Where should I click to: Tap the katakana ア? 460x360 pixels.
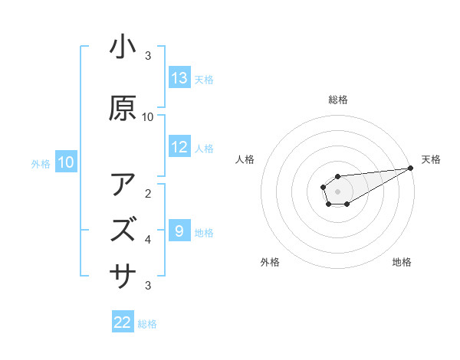point(123,185)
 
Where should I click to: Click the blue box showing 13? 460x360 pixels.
point(179,78)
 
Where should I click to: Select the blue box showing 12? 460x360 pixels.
point(179,147)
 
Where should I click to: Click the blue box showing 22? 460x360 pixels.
point(123,322)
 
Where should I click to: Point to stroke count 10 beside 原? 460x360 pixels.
point(148,116)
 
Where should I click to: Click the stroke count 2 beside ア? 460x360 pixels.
point(148,193)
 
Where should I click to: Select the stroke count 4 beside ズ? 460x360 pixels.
point(148,239)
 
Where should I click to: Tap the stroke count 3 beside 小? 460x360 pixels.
point(148,55)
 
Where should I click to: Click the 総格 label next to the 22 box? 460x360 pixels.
point(147,323)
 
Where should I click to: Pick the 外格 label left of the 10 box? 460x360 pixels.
point(41,162)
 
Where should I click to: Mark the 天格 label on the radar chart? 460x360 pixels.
point(431,159)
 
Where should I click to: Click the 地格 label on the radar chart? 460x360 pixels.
point(402,262)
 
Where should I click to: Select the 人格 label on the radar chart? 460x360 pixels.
point(245,159)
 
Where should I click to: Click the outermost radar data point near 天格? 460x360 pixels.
point(411,168)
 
